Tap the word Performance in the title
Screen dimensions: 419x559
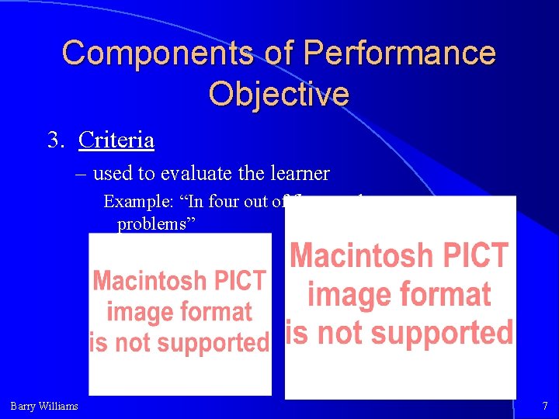(400, 54)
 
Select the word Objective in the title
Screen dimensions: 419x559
(279, 94)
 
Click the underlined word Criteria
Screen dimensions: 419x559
(116, 140)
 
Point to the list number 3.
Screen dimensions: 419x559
(55, 140)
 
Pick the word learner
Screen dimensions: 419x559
(303, 173)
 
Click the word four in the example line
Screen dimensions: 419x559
(225, 203)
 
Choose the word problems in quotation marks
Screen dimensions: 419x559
(155, 223)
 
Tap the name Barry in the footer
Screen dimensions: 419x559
(23, 406)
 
